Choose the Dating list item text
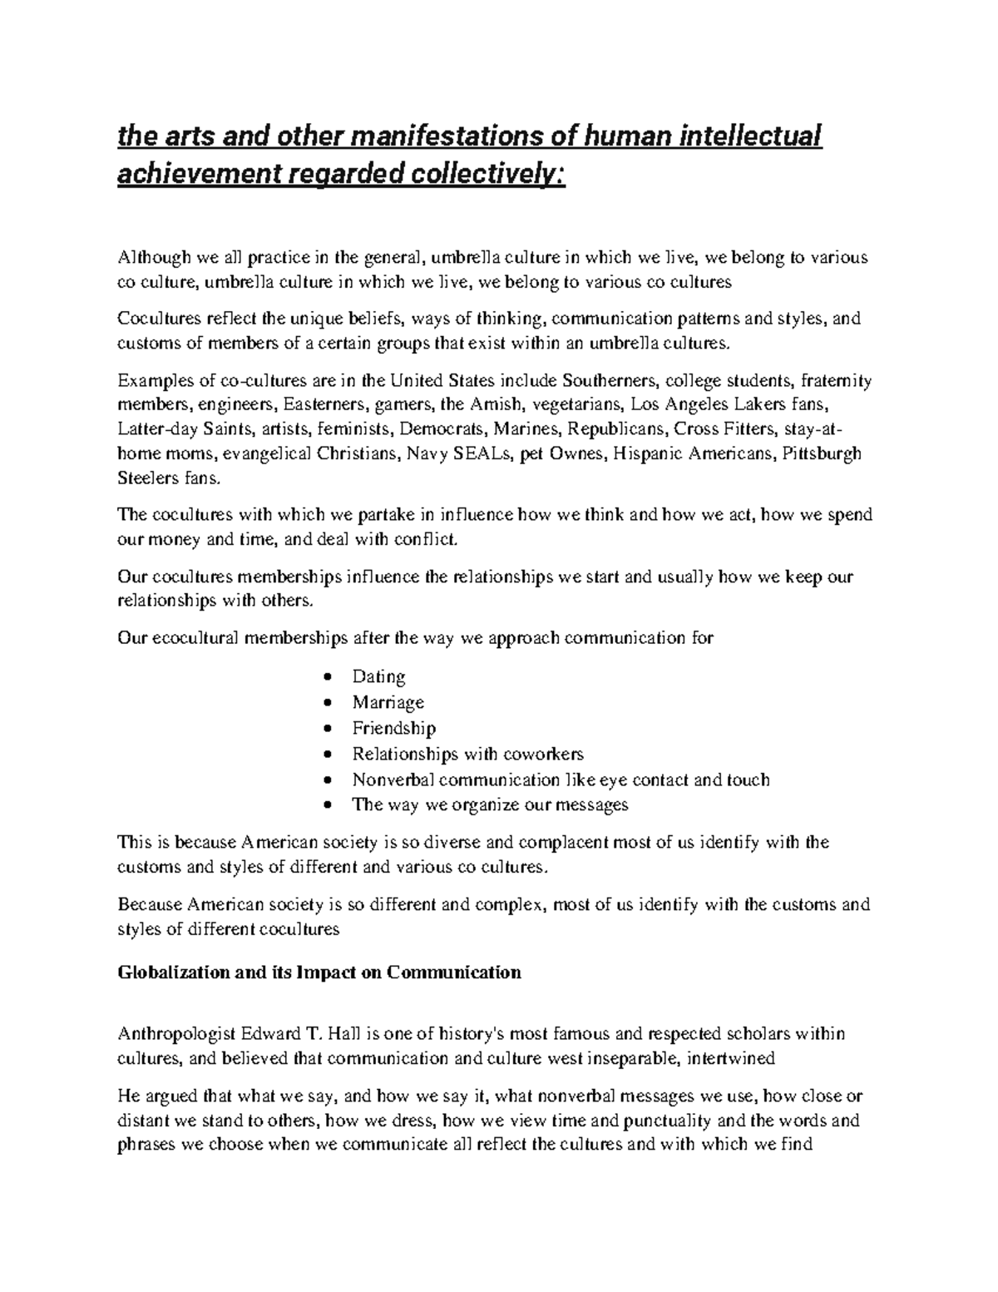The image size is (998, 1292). (378, 676)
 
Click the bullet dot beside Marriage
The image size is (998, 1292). (331, 703)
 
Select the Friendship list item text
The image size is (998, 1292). (393, 729)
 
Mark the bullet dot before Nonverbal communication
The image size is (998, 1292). (331, 780)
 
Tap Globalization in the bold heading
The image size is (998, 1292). (173, 972)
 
